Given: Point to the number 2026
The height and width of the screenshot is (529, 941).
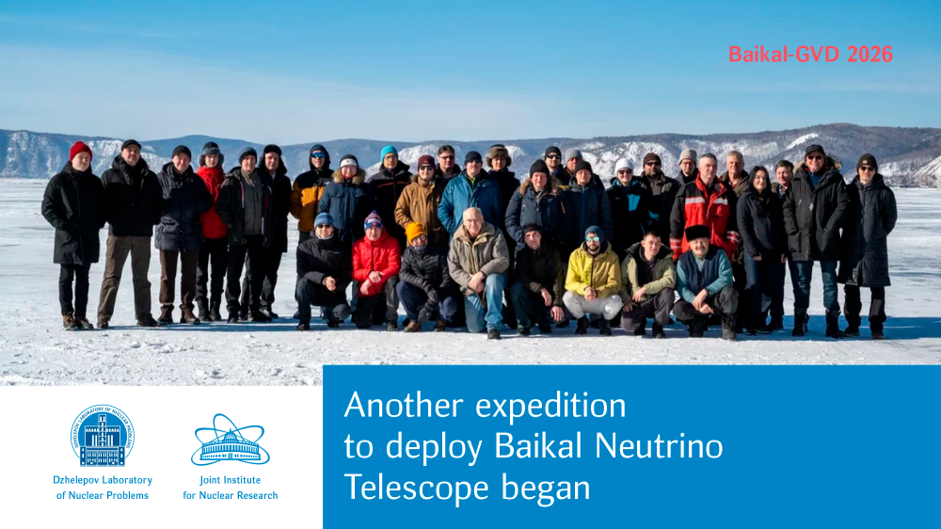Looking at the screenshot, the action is [869, 55].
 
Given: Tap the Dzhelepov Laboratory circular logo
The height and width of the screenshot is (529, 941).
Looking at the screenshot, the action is [102, 435].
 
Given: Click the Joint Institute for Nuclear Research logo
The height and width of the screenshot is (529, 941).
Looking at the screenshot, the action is [230, 440].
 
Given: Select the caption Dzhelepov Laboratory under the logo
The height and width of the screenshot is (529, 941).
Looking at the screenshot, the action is [103, 480].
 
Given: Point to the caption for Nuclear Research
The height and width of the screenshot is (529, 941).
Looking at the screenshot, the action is [231, 495].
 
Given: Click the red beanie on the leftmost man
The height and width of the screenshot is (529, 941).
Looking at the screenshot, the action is [80, 150].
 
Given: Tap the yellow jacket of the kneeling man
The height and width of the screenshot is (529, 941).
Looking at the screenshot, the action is [593, 270].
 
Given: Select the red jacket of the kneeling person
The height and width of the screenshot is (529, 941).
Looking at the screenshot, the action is [375, 262].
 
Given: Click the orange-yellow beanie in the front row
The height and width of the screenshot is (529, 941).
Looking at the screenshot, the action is [415, 232].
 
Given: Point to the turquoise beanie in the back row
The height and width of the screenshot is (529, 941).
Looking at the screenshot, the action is [389, 152].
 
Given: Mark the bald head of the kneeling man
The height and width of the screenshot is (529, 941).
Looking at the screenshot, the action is [473, 216].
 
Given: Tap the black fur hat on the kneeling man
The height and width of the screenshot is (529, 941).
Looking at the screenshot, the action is [697, 232].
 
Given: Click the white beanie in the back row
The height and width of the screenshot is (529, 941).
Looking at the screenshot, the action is [623, 165].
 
